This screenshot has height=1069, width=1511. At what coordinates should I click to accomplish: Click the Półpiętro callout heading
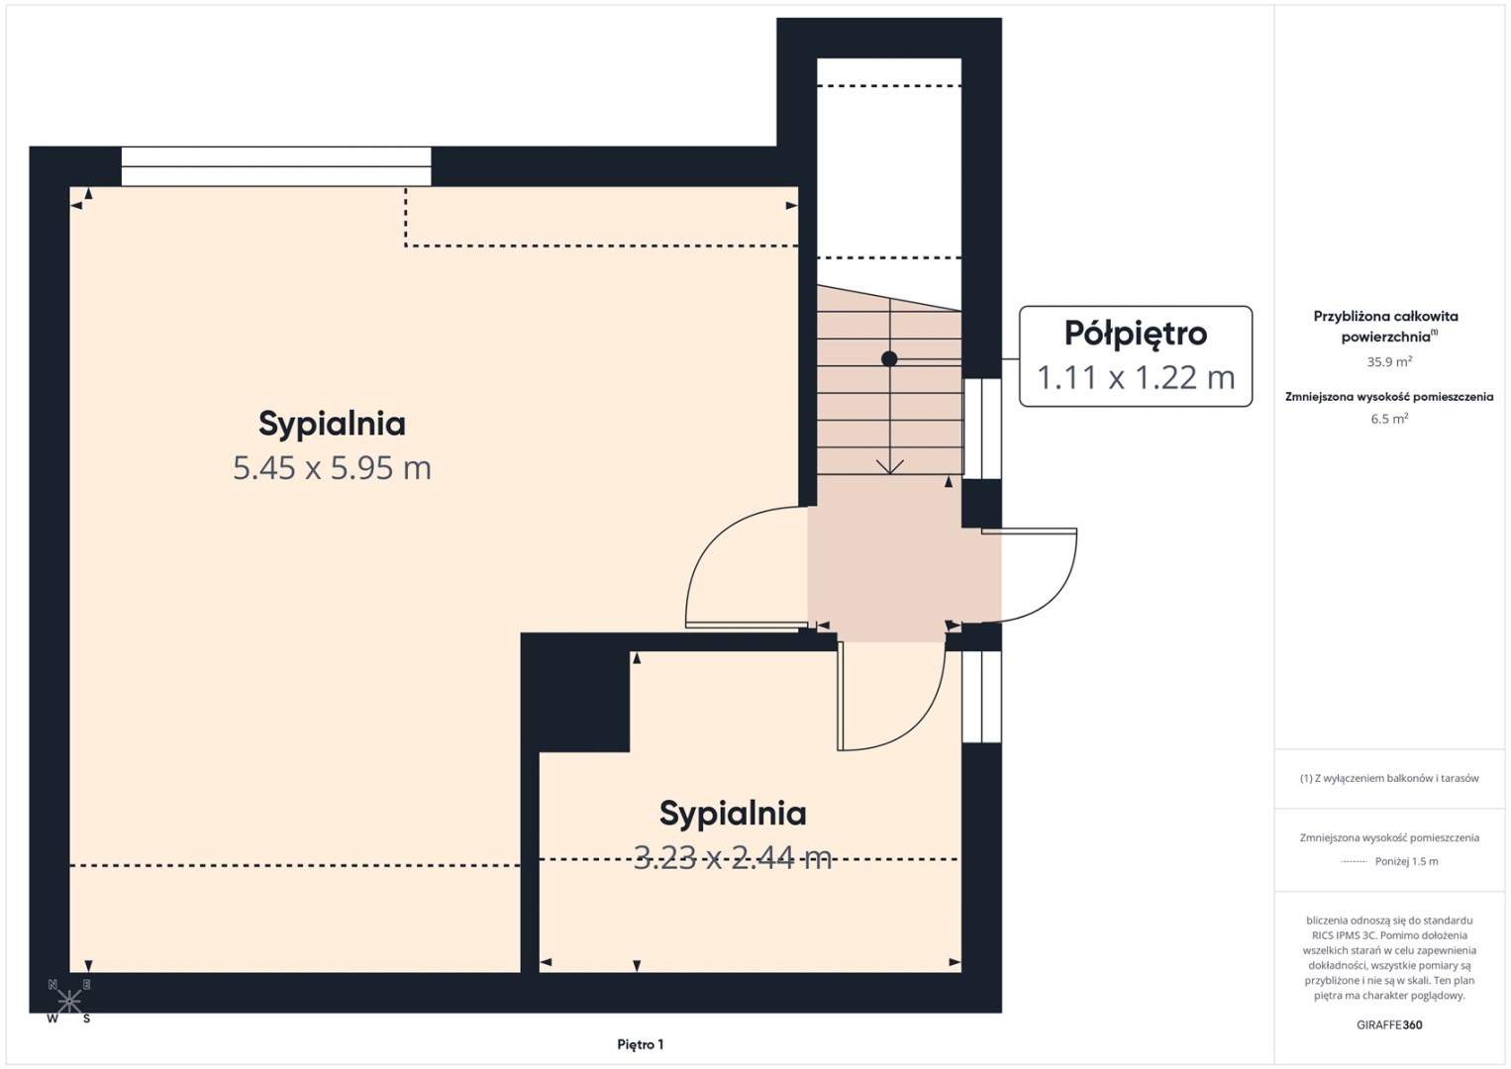(x=1136, y=335)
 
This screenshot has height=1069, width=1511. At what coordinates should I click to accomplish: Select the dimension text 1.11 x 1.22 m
(x=1136, y=378)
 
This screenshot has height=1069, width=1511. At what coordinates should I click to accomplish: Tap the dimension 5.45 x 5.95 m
(x=332, y=468)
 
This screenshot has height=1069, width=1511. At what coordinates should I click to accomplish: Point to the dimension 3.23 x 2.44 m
(x=733, y=858)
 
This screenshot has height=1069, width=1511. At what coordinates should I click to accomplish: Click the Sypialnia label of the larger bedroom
(x=332, y=425)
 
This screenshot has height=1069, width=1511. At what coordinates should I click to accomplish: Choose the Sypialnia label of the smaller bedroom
(x=733, y=814)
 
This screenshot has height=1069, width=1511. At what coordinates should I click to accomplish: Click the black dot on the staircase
(x=889, y=358)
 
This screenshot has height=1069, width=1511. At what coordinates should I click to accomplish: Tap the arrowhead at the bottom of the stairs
(x=890, y=467)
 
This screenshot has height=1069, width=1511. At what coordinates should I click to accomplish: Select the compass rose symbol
(x=68, y=1002)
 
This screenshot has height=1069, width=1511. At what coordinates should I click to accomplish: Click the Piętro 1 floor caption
(x=641, y=1044)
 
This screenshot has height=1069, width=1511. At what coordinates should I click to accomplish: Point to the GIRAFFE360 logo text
(x=1389, y=1025)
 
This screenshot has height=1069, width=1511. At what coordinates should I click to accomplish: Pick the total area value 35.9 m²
(x=1389, y=361)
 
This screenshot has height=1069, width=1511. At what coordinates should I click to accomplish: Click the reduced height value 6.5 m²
(x=1389, y=419)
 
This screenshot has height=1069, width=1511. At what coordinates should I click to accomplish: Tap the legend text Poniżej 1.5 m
(x=1406, y=861)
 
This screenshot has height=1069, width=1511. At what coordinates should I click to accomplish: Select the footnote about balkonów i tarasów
(x=1389, y=778)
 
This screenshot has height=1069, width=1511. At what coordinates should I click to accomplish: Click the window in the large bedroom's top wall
(x=276, y=166)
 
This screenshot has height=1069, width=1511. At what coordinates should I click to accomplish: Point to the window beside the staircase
(x=981, y=428)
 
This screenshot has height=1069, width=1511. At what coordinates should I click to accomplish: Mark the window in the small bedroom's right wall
(x=981, y=697)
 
